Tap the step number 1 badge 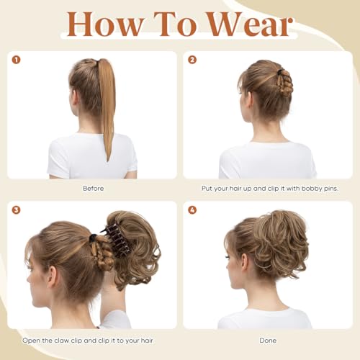(17, 60)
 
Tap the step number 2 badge (192, 60)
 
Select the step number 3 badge (17, 210)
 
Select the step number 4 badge (192, 210)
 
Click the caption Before (93, 189)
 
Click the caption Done (267, 340)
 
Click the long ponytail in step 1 (107, 108)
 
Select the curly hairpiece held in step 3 (137, 245)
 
